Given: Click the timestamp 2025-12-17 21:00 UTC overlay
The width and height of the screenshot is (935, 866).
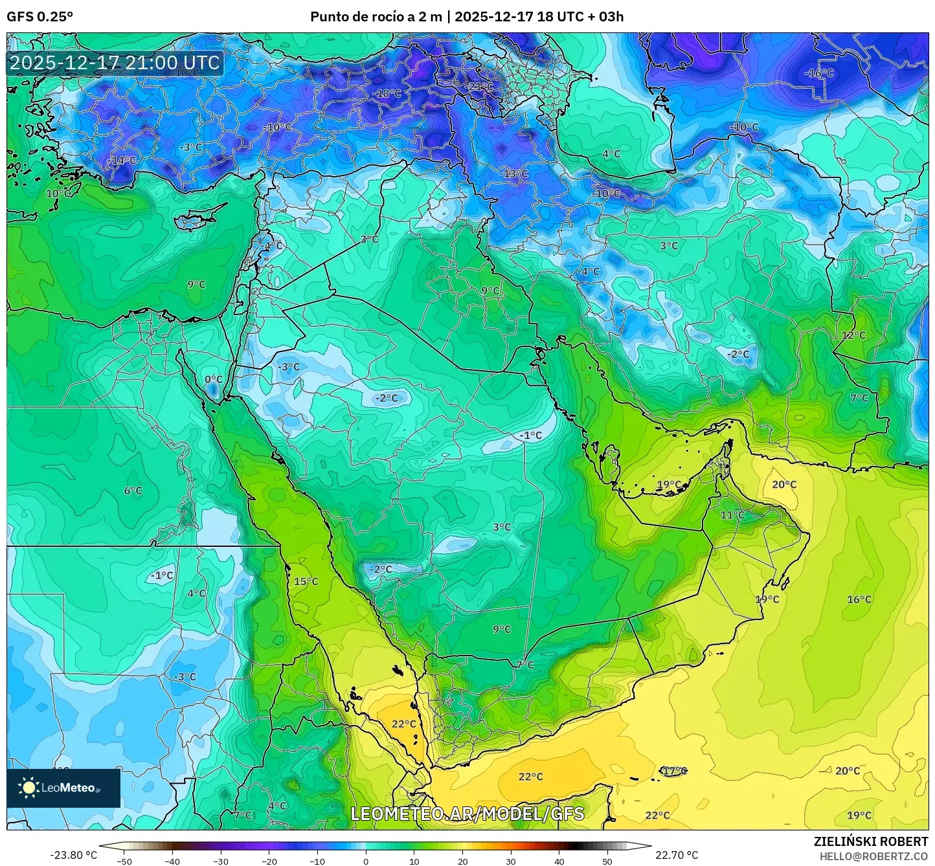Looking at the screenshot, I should [115, 63].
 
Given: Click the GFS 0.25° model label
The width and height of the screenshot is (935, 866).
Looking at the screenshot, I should [39, 17].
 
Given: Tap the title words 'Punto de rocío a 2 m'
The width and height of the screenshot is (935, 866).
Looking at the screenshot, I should [376, 17].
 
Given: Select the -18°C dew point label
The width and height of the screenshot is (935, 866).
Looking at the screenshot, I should [387, 93].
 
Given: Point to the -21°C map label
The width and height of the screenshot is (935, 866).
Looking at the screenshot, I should [480, 86].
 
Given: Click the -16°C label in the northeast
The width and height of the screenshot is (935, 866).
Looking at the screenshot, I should [818, 73].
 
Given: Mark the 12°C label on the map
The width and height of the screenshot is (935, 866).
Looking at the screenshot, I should [853, 335].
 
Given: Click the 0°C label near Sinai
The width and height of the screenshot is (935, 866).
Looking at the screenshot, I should [213, 379].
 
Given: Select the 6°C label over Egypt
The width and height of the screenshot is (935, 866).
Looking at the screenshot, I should [133, 491].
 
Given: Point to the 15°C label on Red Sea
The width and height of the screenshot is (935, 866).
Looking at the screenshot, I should [306, 581].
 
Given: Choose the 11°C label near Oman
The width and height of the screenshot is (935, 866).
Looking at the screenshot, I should [732, 515].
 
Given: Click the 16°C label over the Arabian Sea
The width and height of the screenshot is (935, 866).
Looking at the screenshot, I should [859, 599].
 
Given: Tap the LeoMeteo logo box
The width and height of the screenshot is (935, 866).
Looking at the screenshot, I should [63, 788].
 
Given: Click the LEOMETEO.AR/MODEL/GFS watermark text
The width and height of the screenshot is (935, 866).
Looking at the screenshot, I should [467, 814].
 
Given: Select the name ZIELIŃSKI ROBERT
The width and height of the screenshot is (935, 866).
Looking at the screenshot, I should [870, 841].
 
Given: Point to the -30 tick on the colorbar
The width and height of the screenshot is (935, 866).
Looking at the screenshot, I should [221, 861].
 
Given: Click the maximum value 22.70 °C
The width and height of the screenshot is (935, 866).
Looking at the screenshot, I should [676, 855].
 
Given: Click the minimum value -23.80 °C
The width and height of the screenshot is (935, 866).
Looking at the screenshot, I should [73, 855].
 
